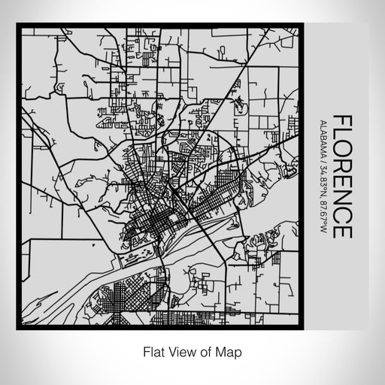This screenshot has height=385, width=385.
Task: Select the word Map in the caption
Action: [x=229, y=350]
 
